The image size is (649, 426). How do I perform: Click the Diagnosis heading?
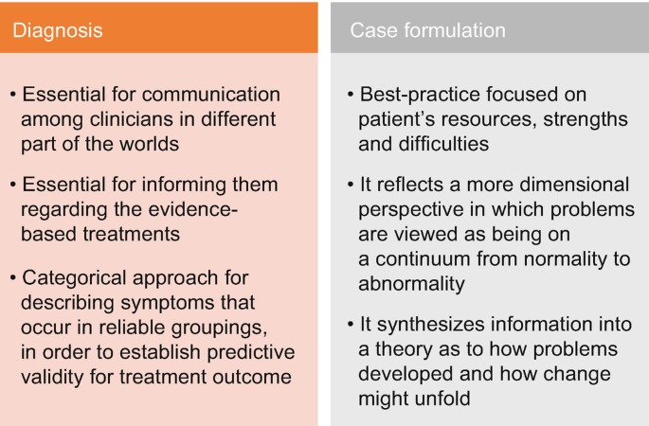(x=57, y=30)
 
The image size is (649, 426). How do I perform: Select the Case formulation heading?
(x=427, y=30)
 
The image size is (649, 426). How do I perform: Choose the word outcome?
(x=256, y=377)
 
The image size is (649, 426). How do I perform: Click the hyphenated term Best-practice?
(x=423, y=95)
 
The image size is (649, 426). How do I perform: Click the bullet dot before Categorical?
(x=13, y=278)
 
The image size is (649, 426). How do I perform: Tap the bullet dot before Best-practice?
(x=351, y=95)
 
